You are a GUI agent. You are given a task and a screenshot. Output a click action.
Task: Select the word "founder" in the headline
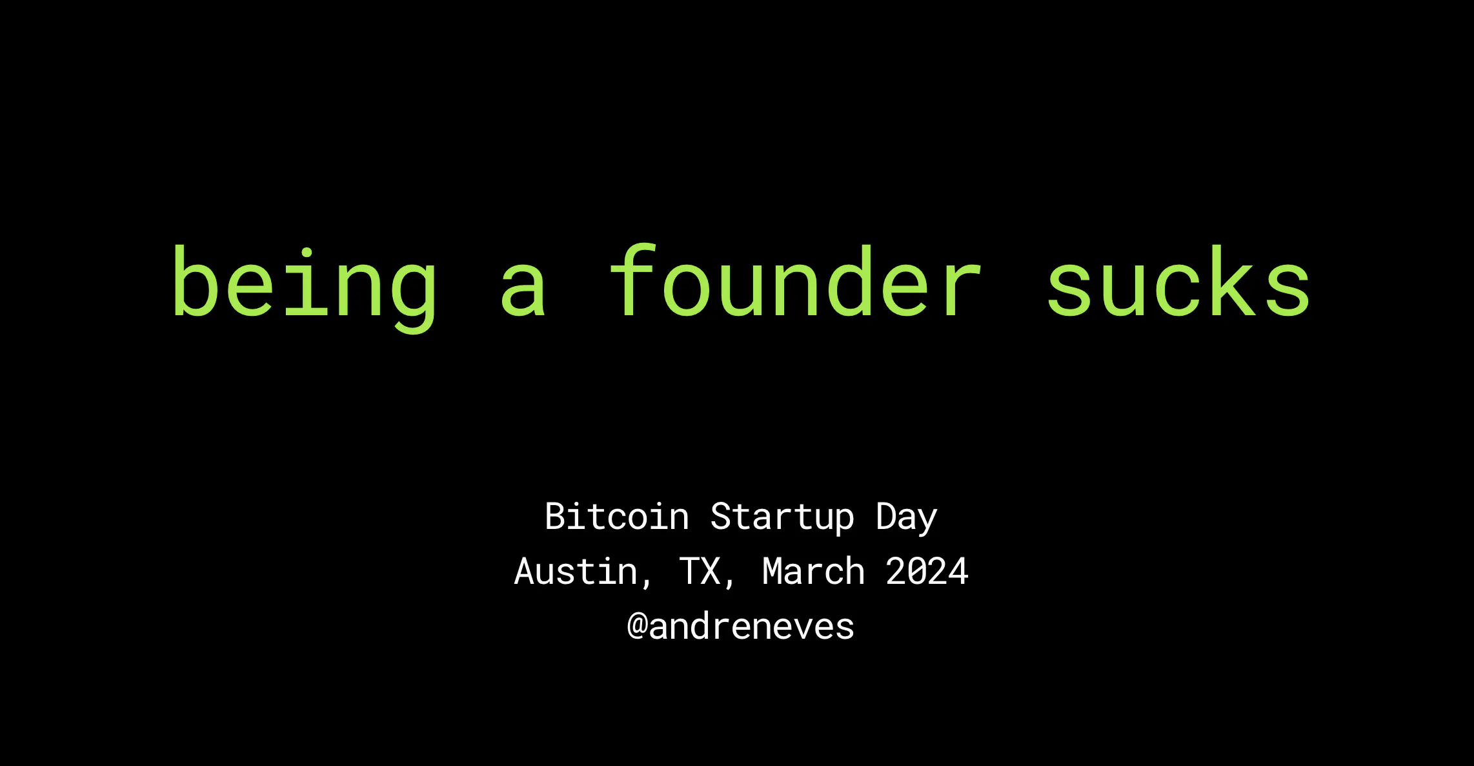795,281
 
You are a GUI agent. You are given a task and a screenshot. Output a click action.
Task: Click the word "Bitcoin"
617,517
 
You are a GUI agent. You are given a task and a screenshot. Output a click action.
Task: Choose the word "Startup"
782,519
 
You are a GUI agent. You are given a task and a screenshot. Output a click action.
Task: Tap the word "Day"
906,519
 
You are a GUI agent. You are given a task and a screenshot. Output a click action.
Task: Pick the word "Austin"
576,571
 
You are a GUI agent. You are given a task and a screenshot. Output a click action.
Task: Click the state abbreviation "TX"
700,572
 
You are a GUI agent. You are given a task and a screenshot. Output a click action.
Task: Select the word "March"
813,571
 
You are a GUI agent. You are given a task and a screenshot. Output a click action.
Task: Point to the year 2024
927,572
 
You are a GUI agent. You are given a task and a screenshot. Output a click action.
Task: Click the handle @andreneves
741,626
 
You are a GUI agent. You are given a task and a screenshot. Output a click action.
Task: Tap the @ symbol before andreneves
638,627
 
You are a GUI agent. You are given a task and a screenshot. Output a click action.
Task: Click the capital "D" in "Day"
886,517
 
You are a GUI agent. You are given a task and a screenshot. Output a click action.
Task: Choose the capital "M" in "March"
772,572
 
